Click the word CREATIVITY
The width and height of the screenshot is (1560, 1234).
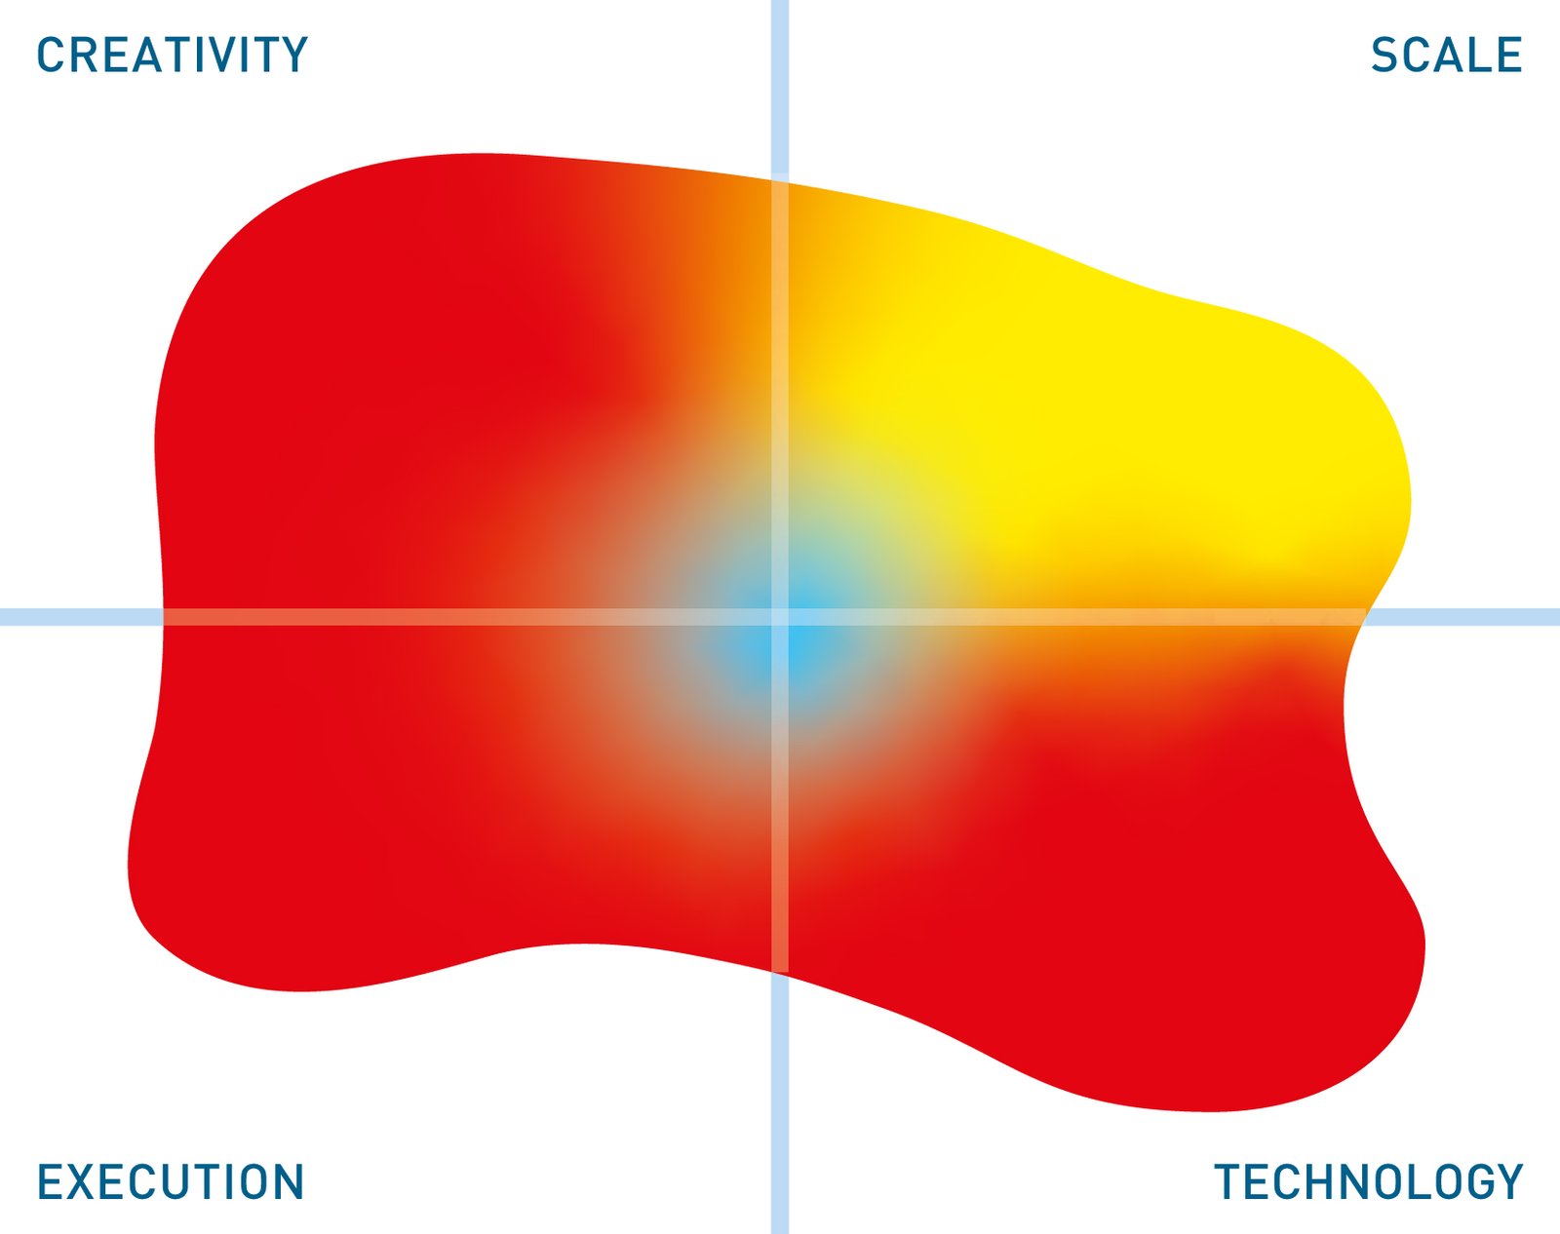coord(173,55)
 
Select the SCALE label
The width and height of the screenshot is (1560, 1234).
coord(1446,55)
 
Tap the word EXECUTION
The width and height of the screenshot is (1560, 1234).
coord(171,1181)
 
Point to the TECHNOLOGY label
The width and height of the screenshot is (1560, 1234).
coord(1369,1181)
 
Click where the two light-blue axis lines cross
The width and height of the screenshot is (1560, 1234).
coord(780,617)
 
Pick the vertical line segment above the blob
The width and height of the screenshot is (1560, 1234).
coord(780,89)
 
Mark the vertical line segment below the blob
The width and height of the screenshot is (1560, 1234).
coord(780,1102)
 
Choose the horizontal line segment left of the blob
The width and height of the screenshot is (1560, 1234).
coord(81,617)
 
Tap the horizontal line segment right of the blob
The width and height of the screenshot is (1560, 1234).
coord(1462,617)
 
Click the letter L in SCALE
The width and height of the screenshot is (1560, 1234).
coord(1474,55)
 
